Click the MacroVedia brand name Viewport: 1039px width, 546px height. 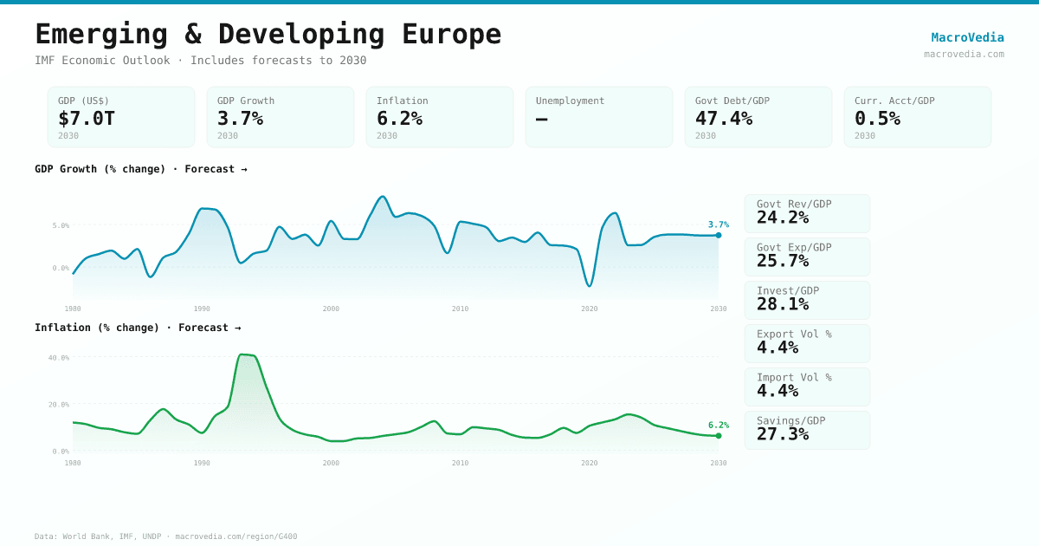tap(967, 37)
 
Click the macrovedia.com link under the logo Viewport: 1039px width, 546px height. tap(964, 54)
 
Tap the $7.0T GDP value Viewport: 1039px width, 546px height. tap(87, 119)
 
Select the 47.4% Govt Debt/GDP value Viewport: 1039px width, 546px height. tap(724, 119)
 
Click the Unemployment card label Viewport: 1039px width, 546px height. tap(570, 101)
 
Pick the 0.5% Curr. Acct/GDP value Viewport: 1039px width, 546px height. tap(877, 119)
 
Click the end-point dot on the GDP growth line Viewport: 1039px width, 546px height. tap(719, 235)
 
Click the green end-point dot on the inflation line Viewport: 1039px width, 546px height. tap(719, 436)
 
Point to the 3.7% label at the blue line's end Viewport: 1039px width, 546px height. tap(719, 224)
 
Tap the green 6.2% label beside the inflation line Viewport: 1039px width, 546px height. tap(719, 426)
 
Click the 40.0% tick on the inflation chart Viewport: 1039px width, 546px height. tap(59, 358)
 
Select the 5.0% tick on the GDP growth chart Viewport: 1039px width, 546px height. tap(61, 225)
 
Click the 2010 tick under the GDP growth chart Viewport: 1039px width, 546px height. tap(460, 309)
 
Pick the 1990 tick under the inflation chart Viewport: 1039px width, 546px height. tap(202, 463)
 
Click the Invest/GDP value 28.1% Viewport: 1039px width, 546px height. tap(783, 304)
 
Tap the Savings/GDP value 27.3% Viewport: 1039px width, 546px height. tap(783, 434)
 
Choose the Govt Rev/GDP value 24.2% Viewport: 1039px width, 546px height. tap(783, 218)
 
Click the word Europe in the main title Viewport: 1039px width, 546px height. tap(451, 34)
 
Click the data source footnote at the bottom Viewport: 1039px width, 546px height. tap(165, 536)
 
